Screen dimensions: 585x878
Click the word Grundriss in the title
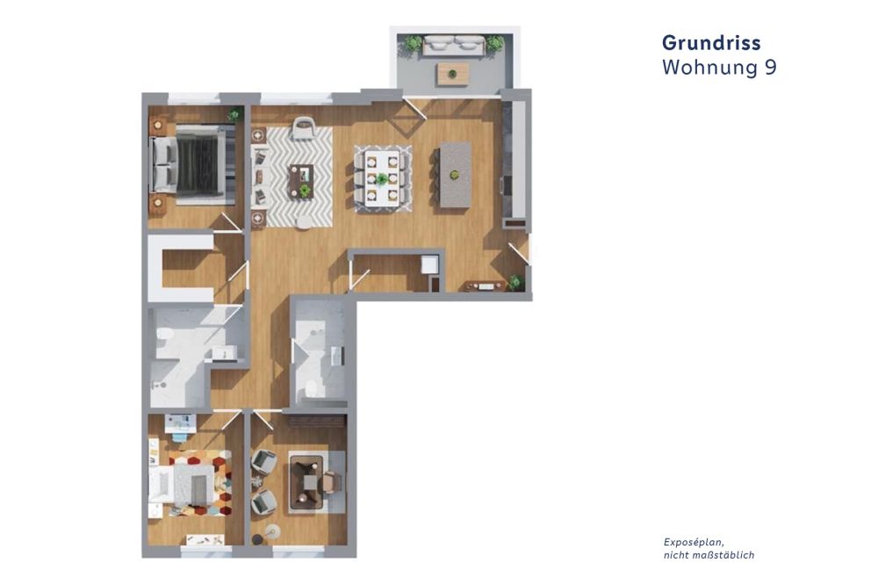(x=710, y=43)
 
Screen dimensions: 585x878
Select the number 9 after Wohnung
(x=769, y=68)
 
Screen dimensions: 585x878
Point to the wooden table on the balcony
(x=452, y=73)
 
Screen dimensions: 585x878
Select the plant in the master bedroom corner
(x=234, y=114)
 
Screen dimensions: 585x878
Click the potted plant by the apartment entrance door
(x=515, y=282)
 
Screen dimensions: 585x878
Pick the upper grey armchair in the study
(x=263, y=462)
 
